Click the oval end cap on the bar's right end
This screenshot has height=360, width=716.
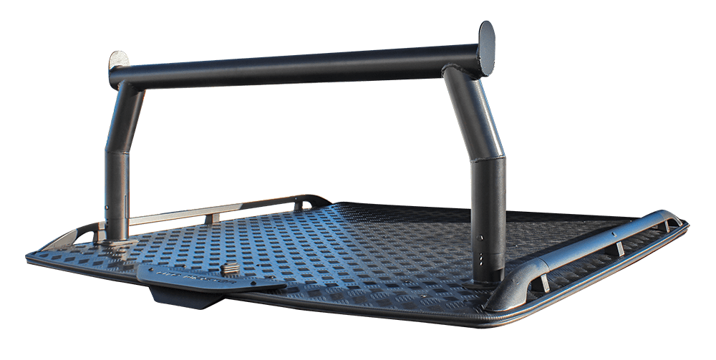click(x=486, y=48)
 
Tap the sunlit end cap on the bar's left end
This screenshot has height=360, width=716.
click(x=119, y=61)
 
